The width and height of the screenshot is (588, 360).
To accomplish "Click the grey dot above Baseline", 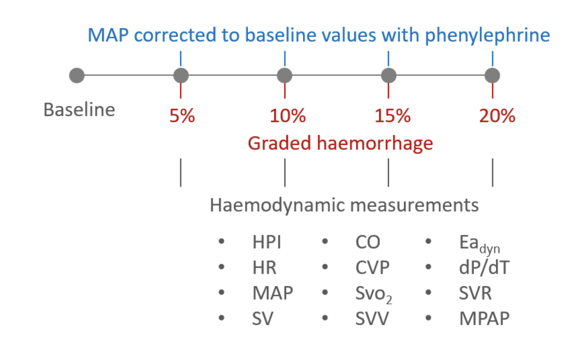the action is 77,75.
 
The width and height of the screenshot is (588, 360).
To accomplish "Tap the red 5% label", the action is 182,116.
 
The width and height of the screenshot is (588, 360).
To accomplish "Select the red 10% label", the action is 287,116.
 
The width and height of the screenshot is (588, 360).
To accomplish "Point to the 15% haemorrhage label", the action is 392,116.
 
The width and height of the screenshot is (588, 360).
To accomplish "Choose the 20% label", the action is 497,116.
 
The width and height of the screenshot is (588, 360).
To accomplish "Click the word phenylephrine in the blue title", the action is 487,35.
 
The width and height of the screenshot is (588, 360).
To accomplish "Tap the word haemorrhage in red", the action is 375,143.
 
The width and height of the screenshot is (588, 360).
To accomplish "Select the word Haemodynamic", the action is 277,205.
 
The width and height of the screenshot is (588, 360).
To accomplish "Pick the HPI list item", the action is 267,242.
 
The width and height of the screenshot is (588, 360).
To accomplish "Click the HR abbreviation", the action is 264,267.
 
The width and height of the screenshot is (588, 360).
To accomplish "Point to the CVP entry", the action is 372,267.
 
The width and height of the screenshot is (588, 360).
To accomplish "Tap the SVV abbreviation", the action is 372,318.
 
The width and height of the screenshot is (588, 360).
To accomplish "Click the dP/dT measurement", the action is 484,267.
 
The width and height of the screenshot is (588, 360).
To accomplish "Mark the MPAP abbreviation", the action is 484,318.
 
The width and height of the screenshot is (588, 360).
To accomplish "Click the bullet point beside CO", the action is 325,241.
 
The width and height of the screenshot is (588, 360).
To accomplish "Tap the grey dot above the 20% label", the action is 492,75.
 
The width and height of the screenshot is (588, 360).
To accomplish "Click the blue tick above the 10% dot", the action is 285,59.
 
